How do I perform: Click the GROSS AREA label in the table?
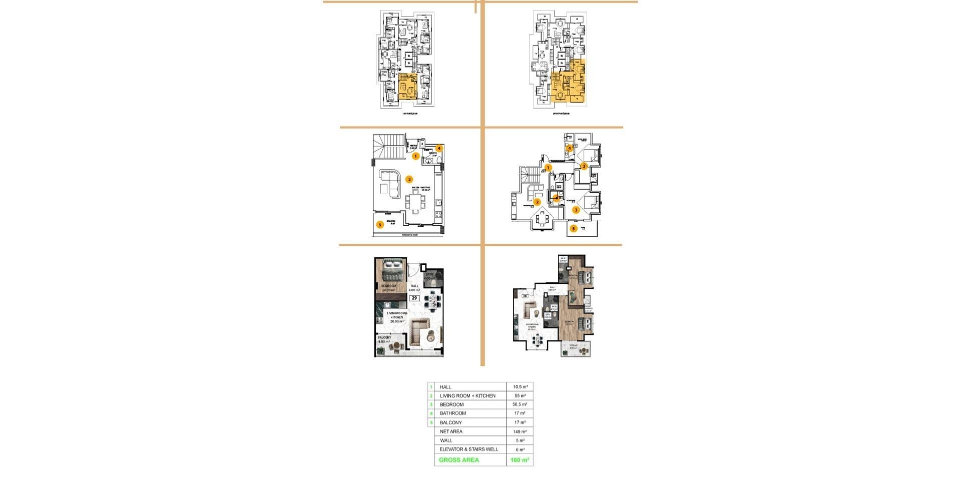point(458,460)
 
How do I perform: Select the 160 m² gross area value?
point(520,460)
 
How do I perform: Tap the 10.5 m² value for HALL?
point(520,387)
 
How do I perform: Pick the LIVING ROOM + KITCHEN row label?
point(467,396)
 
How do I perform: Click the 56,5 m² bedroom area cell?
point(520,404)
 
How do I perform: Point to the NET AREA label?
point(451,431)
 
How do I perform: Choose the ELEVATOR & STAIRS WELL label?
point(468,449)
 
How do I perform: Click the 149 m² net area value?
point(520,431)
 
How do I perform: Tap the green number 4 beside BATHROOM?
point(431,413)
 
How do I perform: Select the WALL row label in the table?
point(446,440)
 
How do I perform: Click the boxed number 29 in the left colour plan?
point(414,298)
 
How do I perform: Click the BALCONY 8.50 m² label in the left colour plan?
point(384,339)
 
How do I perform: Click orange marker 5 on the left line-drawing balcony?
point(380,225)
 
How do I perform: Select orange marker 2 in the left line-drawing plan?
point(409,179)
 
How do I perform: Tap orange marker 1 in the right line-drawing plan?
point(548,168)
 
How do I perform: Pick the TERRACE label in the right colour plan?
point(573,345)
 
